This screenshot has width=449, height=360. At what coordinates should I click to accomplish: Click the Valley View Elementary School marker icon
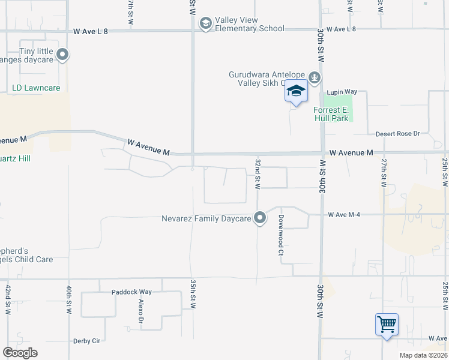coord(206,23)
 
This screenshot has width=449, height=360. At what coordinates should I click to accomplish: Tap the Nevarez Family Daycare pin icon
coord(260,218)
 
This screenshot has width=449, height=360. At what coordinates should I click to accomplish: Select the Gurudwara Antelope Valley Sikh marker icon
coord(315,77)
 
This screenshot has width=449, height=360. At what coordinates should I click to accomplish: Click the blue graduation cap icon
coord(295,91)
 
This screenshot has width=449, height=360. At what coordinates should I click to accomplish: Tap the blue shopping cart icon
coord(387,325)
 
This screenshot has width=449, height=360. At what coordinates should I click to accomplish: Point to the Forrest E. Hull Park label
coord(331,114)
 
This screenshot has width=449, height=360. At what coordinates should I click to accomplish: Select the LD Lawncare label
coord(36,88)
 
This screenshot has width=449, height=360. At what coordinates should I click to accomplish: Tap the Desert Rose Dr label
coord(397,134)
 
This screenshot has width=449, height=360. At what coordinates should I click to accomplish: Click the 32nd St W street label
coord(257,174)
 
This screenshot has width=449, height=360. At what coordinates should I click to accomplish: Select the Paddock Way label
coord(131,292)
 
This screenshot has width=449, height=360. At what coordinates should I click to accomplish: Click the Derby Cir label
coord(86,341)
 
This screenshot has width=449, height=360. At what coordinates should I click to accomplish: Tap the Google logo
coord(20,353)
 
